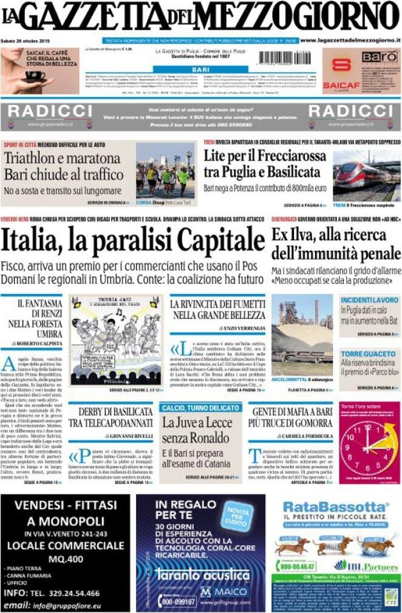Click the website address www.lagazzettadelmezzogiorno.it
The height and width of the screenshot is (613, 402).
pos(350,40)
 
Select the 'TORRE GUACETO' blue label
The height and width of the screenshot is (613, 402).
pos(361,354)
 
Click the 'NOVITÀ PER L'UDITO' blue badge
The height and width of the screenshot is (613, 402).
pos(236,517)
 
